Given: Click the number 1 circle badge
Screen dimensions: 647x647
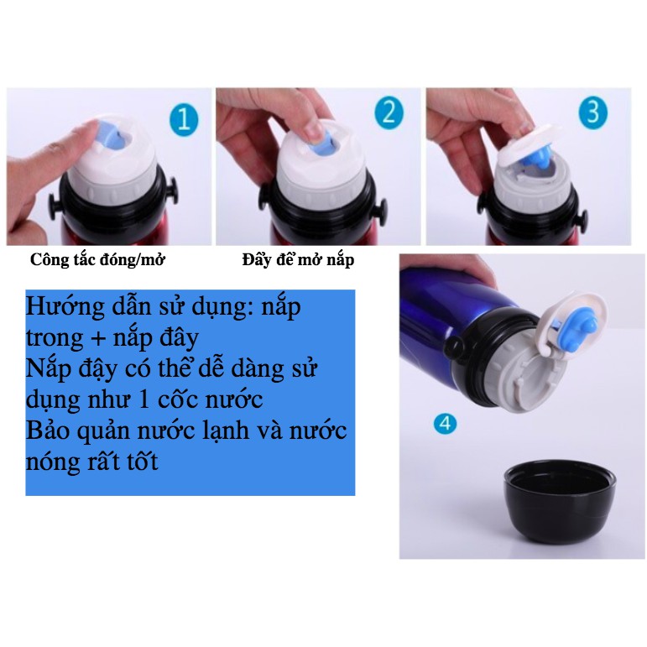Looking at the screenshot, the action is tap(184, 119).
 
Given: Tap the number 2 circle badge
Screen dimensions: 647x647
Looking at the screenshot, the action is tap(389, 112).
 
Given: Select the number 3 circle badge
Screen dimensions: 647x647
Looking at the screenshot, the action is tap(593, 112).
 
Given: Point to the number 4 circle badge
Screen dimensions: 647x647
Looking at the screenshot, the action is tap(446, 423).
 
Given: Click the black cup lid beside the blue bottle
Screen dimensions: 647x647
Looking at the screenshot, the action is tap(560, 501).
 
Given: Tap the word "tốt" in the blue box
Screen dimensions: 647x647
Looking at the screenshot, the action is tap(143, 461).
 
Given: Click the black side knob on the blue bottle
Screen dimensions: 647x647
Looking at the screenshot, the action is tap(453, 347).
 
